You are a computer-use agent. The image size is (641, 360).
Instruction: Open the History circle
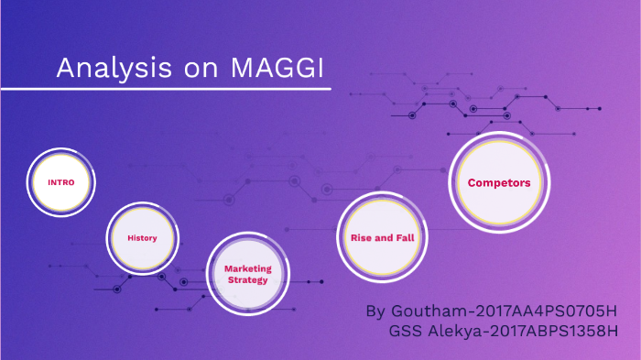tap(142, 238)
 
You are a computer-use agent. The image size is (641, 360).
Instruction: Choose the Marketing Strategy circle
tap(247, 274)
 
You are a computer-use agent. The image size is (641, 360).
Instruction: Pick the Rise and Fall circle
tap(383, 237)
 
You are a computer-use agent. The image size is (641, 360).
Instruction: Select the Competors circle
tap(499, 182)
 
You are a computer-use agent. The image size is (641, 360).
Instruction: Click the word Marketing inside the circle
tap(247, 268)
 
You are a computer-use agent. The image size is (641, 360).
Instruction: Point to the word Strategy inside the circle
tap(247, 280)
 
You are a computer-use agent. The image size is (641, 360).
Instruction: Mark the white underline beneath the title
tap(165, 89)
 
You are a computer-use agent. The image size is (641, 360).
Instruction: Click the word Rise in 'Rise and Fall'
tap(361, 237)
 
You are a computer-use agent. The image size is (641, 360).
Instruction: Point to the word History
tap(142, 238)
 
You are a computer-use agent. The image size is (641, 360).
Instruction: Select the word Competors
tap(499, 182)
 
